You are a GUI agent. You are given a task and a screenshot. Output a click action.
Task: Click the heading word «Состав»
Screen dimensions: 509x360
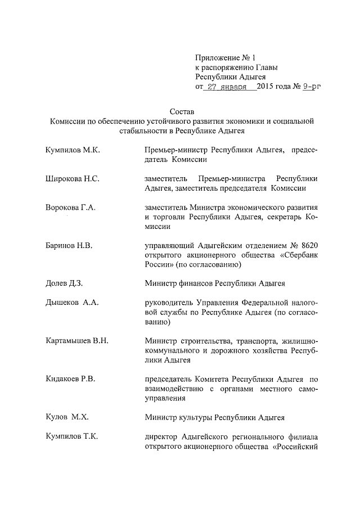pyautogui.click(x=181, y=111)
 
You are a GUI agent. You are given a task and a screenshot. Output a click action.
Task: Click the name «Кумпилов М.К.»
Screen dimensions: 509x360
pyautogui.click(x=73, y=150)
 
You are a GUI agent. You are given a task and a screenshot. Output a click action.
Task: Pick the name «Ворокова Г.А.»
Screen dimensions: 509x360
pyautogui.click(x=70, y=208)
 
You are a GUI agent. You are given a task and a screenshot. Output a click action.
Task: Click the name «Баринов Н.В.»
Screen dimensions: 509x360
pyautogui.click(x=69, y=246)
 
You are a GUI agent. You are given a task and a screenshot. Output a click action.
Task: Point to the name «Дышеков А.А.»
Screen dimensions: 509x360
pyautogui.click(x=72, y=303)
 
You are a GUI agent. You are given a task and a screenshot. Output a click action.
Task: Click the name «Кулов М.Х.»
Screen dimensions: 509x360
pyautogui.click(x=66, y=417)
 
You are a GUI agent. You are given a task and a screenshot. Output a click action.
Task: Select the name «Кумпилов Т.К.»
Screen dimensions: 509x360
pyautogui.click(x=72, y=437)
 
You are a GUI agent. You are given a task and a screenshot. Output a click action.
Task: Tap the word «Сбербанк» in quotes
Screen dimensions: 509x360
pyautogui.click(x=298, y=255)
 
